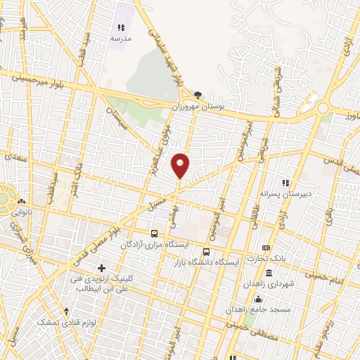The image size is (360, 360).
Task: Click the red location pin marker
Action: click(x=181, y=165)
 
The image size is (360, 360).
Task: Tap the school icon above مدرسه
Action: click(x=119, y=27)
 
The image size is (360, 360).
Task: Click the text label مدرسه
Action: click(x=119, y=39)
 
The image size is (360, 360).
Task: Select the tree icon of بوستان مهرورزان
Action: click(x=198, y=95)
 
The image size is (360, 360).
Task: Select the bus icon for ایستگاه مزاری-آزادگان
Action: click(x=154, y=233)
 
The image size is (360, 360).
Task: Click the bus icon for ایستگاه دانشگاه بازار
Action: click(x=206, y=251)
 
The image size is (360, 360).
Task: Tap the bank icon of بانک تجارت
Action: click(x=266, y=248)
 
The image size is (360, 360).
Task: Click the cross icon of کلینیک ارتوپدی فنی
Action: click(x=102, y=268)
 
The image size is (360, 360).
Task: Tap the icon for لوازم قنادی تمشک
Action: click(x=66, y=310)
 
